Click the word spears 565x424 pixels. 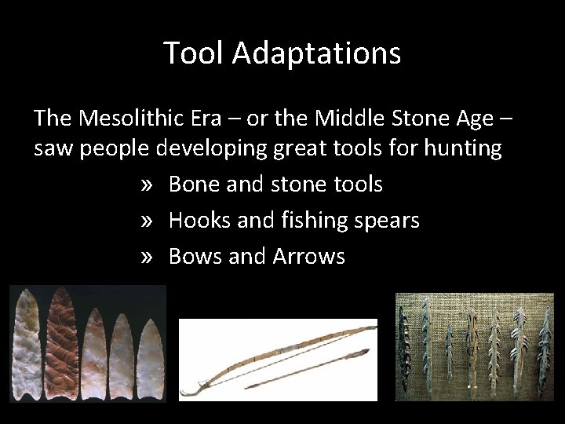(386, 221)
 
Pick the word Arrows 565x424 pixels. (308, 256)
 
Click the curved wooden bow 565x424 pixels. (275, 351)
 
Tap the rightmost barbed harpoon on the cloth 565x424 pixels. (544, 345)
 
